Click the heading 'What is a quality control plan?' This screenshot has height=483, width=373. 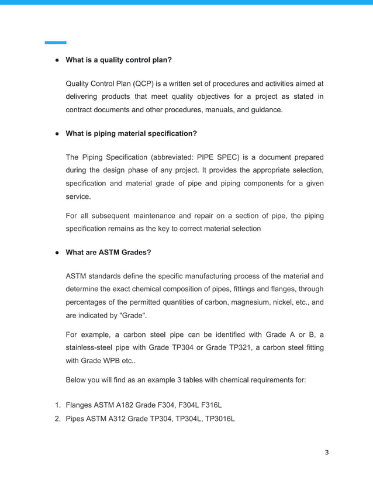coord(119,60)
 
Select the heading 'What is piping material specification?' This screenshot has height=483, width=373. coord(131,133)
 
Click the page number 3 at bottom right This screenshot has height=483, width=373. coord(327,452)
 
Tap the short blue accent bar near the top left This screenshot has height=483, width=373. coord(56,42)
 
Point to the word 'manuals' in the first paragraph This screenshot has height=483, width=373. coord(215,109)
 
